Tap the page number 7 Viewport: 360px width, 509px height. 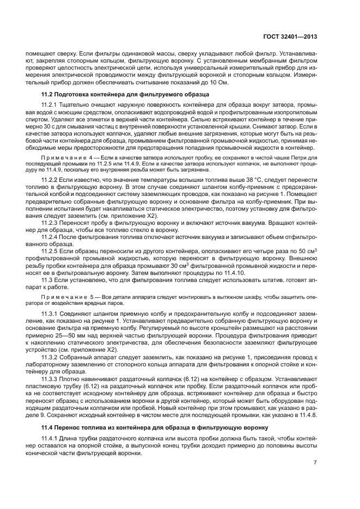[315, 462]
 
